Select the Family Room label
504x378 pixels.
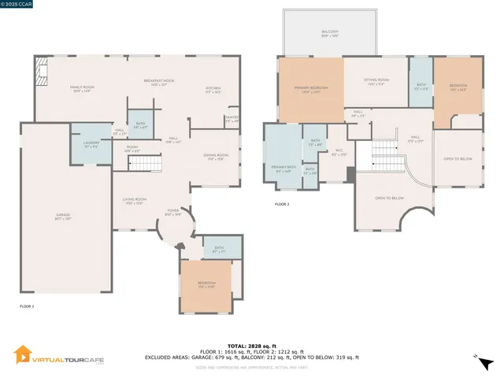tap(82, 89)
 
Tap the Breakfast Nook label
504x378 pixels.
tap(159, 82)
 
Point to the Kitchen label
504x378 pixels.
tap(213, 89)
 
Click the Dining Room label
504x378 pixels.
tap(217, 157)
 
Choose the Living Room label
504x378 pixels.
tap(134, 201)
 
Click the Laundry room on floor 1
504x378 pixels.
tap(91, 144)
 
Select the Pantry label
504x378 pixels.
tap(232, 120)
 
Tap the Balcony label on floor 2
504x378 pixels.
tap(328, 34)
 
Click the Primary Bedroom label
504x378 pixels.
tap(311, 90)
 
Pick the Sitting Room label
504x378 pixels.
tap(376, 82)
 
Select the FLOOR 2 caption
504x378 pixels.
tap(282, 204)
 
